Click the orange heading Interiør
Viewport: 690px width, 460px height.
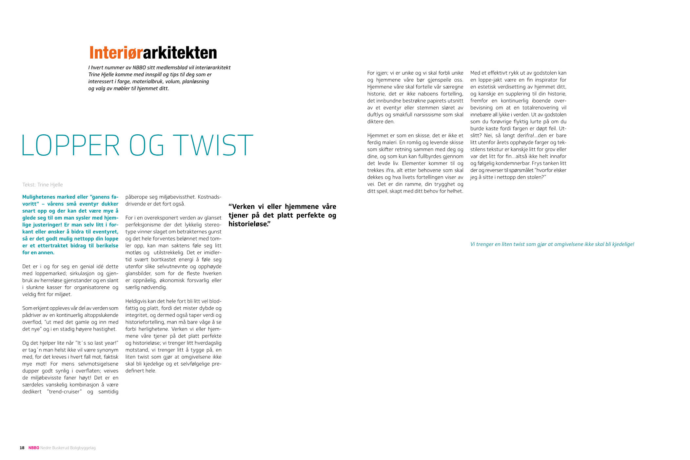pos(116,53)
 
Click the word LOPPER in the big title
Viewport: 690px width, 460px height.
pos(70,145)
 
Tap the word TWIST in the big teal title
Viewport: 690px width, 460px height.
pos(213,145)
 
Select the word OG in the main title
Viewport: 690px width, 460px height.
pos(147,145)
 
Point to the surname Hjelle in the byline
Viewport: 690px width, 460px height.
pos(56,185)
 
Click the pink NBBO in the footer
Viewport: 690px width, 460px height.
pos(34,448)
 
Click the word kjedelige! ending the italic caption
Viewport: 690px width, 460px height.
pos(623,244)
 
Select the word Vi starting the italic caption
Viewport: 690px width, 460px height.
pos(472,244)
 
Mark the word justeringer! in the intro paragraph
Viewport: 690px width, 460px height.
pos(47,225)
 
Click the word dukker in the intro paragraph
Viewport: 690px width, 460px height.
pos(110,204)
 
